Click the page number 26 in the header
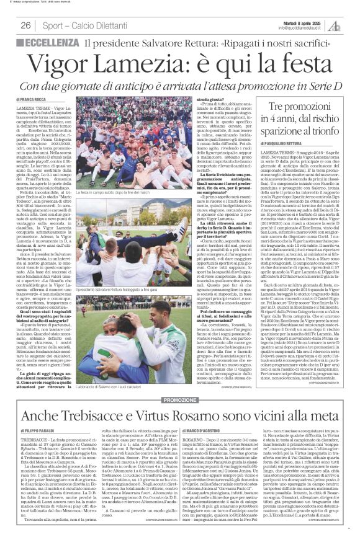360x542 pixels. click(x=25, y=25)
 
